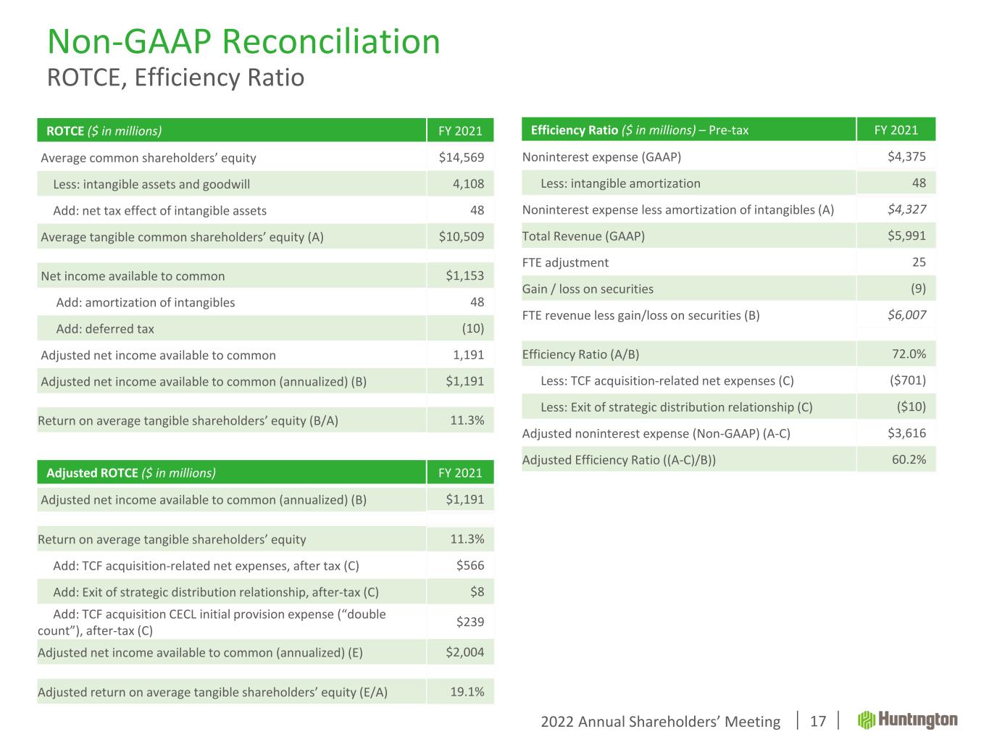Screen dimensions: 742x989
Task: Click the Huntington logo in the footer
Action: [907, 720]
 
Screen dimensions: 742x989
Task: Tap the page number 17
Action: [817, 721]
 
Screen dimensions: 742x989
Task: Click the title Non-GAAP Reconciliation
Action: [243, 41]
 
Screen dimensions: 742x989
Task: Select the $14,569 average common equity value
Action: [462, 157]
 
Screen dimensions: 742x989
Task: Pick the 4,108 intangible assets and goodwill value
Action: [468, 184]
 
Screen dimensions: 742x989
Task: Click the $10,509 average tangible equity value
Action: [462, 237]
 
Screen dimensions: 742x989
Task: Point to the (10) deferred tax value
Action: [472, 329]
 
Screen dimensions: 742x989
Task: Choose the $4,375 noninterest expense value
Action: [906, 157]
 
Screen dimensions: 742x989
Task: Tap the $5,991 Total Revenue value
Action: [906, 236]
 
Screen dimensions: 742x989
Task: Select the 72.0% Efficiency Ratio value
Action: [909, 354]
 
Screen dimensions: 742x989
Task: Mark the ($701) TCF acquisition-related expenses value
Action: [907, 380]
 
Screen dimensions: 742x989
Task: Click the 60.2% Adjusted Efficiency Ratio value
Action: [909, 459]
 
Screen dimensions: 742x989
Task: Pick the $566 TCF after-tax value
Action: [470, 566]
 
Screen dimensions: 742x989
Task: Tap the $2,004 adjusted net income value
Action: [465, 652]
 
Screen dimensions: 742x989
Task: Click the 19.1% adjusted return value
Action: [467, 691]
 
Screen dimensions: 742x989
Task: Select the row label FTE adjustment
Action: [565, 262]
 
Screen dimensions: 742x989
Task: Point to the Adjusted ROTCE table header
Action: [131, 473]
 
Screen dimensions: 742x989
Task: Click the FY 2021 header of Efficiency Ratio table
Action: [896, 130]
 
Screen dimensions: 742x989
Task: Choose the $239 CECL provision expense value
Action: [470, 622]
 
